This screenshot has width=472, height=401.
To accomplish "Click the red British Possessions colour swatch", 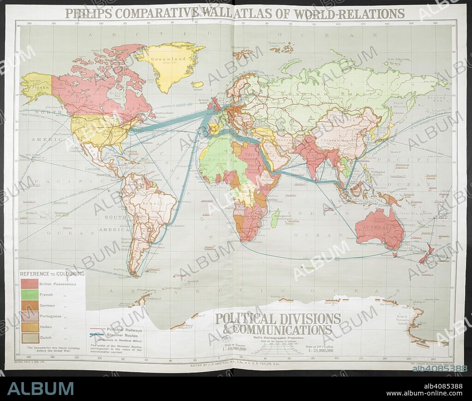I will pyautogui.click(x=29, y=283).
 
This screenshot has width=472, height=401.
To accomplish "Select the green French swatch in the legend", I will pyautogui.click(x=29, y=295).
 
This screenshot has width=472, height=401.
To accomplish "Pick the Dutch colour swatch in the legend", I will pyautogui.click(x=29, y=338).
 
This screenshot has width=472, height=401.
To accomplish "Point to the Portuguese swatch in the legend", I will pyautogui.click(x=29, y=316).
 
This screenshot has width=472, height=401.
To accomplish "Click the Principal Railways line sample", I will pyautogui.click(x=97, y=330).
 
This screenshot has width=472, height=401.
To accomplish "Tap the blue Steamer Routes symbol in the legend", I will pyautogui.click(x=97, y=336).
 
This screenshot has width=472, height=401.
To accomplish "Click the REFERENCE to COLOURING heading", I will pyautogui.click(x=52, y=273).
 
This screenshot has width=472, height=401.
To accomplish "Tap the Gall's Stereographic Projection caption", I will pyautogui.click(x=277, y=337).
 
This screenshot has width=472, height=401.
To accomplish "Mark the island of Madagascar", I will pyautogui.click(x=276, y=218).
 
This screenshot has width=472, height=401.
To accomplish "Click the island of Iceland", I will pyautogui.click(x=198, y=85).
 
